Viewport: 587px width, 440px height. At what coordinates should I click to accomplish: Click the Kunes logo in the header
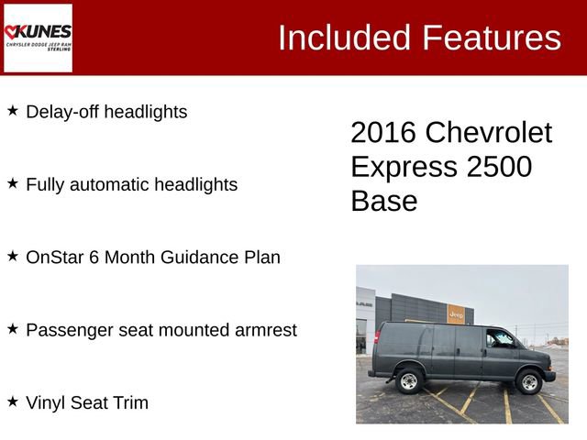pos(38,38)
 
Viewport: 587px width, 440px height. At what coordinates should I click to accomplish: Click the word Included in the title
pos(344,38)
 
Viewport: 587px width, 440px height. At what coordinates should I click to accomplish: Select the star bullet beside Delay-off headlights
pos(13,111)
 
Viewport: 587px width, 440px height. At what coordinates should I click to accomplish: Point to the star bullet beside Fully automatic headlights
pos(13,183)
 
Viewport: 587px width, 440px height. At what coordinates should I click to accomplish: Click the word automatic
pos(105,184)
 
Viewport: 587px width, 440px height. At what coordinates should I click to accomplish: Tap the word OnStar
pos(53,258)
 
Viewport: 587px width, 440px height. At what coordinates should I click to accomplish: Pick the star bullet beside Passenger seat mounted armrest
pos(13,328)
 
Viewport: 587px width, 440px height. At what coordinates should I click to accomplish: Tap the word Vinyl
pos(48,402)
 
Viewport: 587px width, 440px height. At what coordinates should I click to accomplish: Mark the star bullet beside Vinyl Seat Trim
pos(13,401)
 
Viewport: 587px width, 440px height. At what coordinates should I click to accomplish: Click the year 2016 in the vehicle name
pos(383,133)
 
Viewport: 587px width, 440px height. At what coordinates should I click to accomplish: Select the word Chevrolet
pos(489,133)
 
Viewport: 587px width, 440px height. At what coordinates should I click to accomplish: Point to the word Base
pos(383,201)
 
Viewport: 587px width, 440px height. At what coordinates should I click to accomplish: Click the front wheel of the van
pos(529,381)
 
